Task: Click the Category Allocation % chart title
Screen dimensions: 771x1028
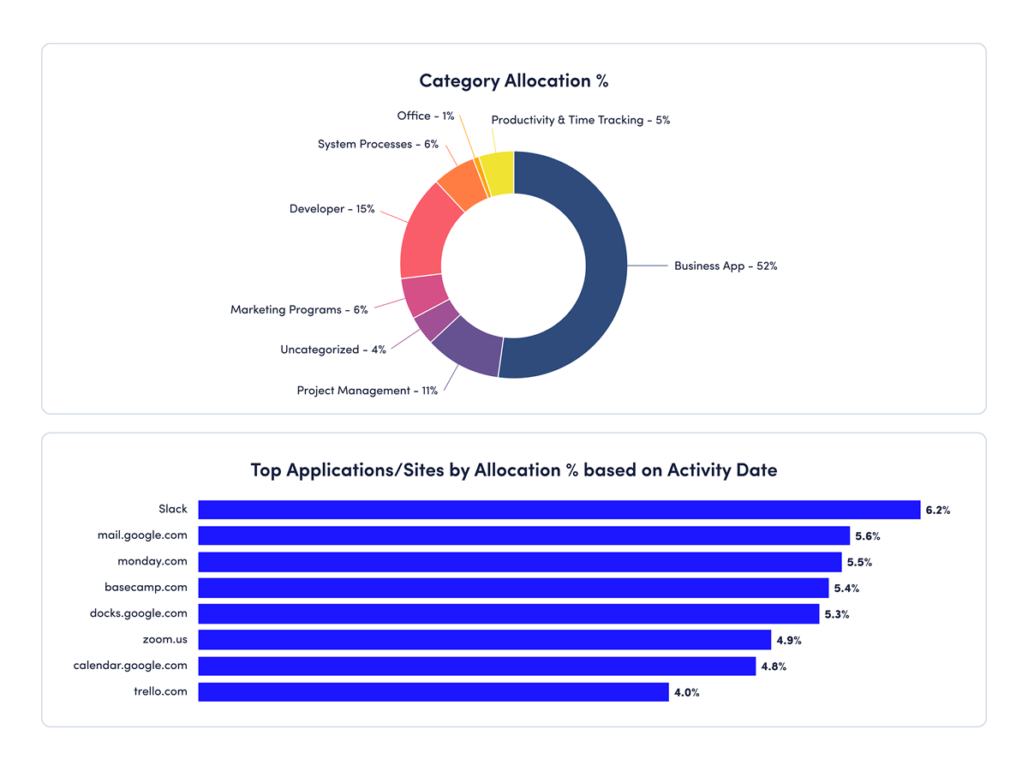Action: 513,81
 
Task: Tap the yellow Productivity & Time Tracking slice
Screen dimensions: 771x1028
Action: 498,174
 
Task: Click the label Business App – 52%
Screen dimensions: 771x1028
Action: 725,266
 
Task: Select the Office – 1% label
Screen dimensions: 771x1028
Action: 425,116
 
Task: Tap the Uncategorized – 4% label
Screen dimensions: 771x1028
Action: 332,350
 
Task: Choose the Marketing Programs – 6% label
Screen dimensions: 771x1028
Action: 299,309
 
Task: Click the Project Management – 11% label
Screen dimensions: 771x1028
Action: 367,391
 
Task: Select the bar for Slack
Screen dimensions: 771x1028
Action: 559,510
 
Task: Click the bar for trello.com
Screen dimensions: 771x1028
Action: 433,692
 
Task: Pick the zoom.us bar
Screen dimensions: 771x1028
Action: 484,640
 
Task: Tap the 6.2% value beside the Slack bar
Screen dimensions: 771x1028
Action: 937,511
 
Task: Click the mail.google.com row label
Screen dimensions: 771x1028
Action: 142,535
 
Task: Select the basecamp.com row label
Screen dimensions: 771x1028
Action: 146,588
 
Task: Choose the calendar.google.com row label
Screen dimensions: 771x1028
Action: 130,666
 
